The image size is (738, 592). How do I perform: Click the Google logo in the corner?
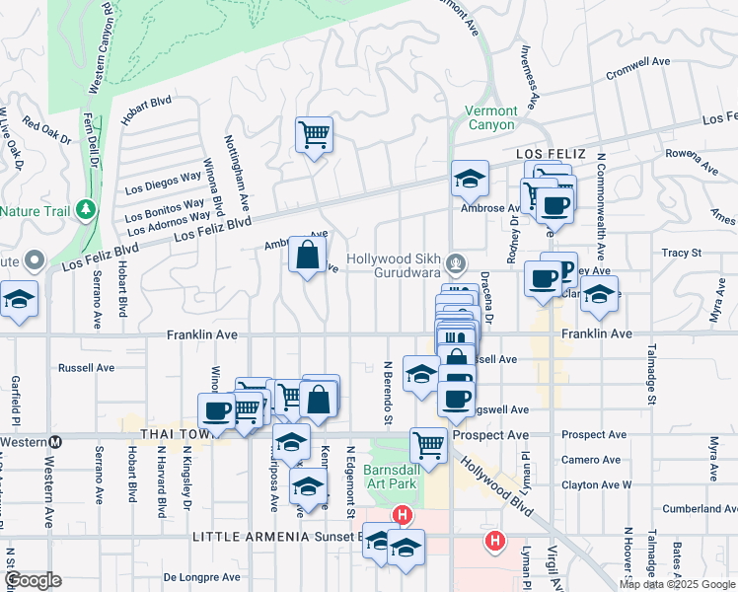[x=32, y=580]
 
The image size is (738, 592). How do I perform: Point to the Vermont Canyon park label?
[x=490, y=118]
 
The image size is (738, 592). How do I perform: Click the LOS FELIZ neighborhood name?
[x=552, y=155]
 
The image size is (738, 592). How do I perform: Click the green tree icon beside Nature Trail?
[x=87, y=209]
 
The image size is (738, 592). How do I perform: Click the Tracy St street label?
[x=681, y=254]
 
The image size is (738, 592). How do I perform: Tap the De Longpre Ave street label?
[x=202, y=577]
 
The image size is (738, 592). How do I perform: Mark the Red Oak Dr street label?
[x=46, y=131]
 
